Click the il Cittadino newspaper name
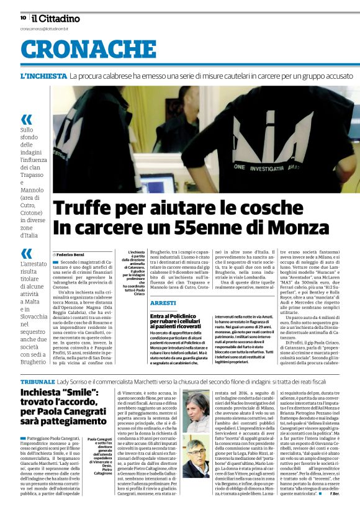click(56, 18)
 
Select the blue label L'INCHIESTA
click(43, 76)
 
